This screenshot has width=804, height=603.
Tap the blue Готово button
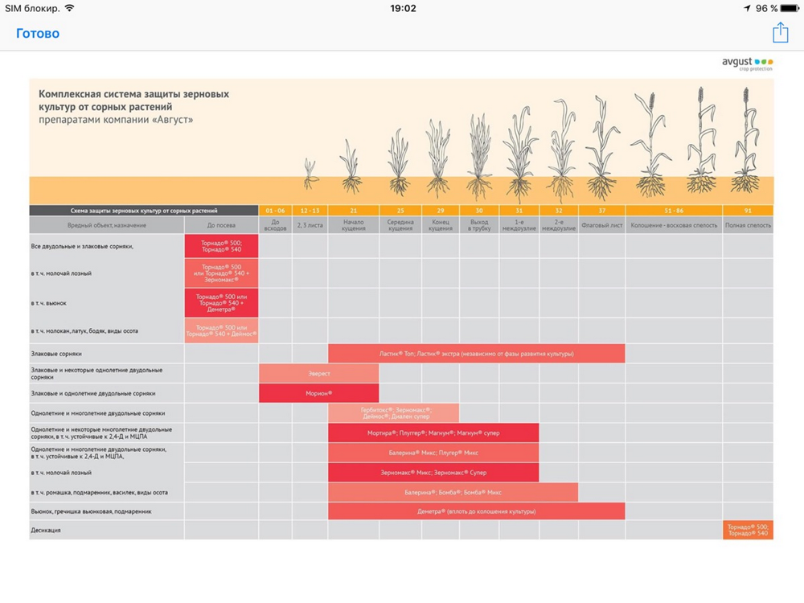coord(38,33)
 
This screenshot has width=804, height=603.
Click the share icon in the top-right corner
coord(780,32)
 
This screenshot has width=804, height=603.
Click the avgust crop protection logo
coord(747,64)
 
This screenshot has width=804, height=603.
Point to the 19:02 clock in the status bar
coord(403,8)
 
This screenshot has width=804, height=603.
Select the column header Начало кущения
coord(354,225)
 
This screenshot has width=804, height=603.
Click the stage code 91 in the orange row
coord(748,211)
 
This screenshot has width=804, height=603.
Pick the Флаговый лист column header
coord(601,225)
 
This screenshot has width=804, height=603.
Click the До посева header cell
coord(221,225)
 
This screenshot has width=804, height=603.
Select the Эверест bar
coord(318,373)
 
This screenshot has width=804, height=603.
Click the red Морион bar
coord(318,393)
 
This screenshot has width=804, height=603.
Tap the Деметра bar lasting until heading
coord(476,511)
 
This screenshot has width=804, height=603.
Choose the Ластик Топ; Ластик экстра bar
coord(476,353)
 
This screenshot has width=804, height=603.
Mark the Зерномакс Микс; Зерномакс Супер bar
coord(433,472)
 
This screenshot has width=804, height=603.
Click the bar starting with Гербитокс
coord(394,413)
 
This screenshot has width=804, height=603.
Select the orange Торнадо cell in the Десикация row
coord(748,531)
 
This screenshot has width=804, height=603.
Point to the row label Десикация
coord(46,531)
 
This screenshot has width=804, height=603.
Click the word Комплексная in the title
coord(71,94)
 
